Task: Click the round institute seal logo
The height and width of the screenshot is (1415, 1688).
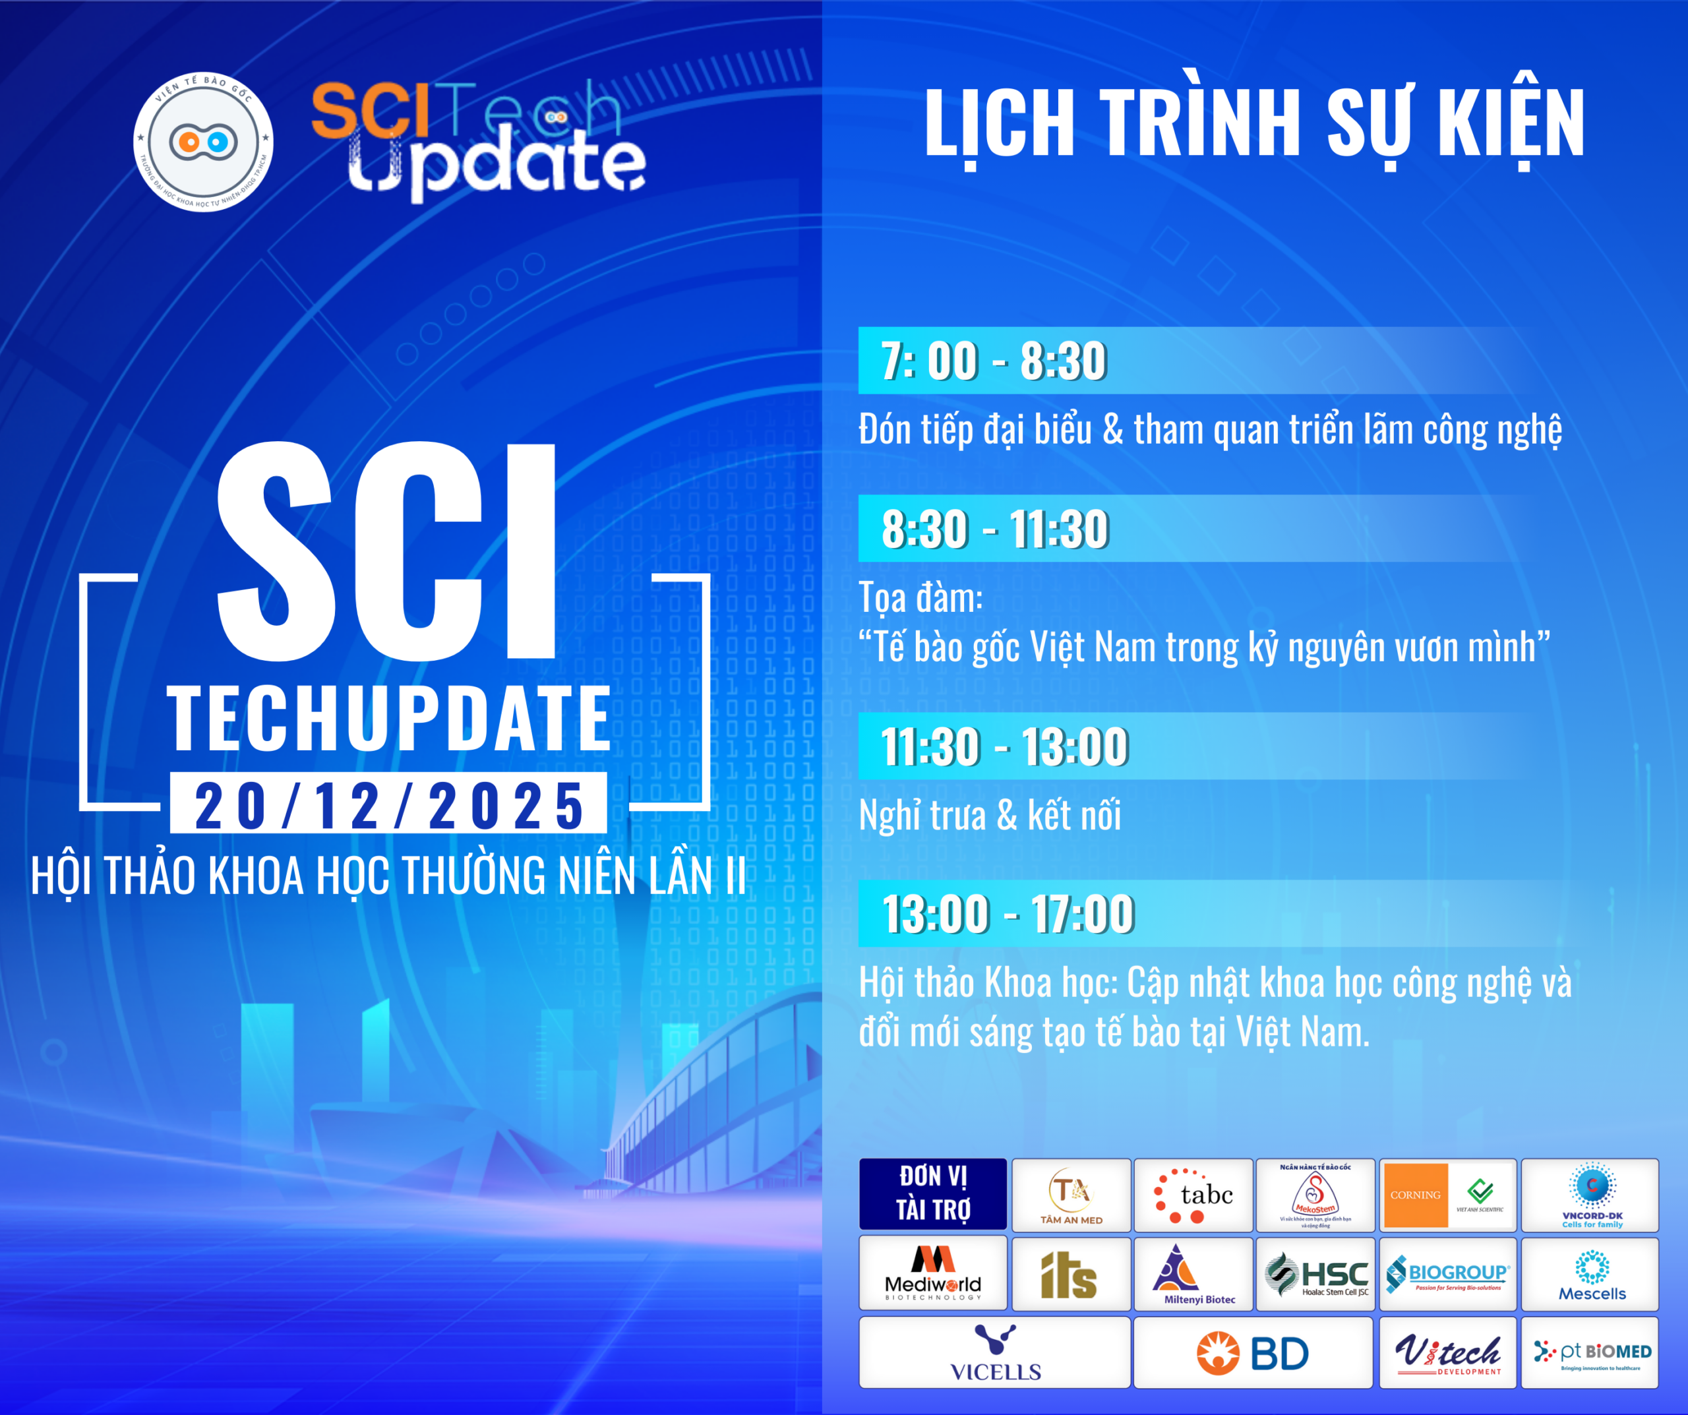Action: (x=202, y=142)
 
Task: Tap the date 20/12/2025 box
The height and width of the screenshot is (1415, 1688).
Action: (x=388, y=804)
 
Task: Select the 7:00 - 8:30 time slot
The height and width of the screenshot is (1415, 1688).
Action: (x=994, y=361)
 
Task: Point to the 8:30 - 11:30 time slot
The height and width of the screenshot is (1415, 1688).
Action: (x=995, y=529)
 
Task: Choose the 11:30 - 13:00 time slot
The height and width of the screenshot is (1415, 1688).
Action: (x=1005, y=746)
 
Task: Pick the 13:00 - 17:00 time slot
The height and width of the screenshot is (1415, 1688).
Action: (x=1008, y=914)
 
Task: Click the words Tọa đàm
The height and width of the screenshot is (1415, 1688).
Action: (x=921, y=598)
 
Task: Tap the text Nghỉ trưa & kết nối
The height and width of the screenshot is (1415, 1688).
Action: (x=990, y=815)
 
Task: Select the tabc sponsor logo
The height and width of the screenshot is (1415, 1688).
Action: (x=1193, y=1195)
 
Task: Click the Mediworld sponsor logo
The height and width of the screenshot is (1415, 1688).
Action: (x=932, y=1273)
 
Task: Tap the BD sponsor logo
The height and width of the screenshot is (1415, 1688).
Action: (x=1252, y=1353)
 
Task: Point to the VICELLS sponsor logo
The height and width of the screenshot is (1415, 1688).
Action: (x=995, y=1353)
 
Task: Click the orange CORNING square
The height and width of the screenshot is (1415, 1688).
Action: (x=1415, y=1195)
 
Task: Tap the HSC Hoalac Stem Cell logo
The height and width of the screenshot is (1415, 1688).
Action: (x=1317, y=1275)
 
